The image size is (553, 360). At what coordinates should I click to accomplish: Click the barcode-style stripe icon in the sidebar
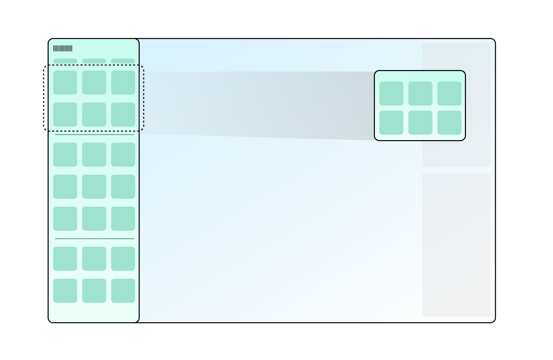click(x=63, y=49)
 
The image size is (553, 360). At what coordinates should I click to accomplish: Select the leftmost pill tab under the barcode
click(x=65, y=61)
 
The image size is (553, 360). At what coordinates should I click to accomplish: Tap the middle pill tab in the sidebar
click(x=94, y=61)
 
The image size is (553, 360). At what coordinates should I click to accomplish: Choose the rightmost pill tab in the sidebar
click(x=123, y=61)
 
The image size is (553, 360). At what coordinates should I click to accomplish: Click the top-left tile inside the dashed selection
click(x=65, y=82)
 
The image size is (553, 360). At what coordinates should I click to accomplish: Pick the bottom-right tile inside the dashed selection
click(x=123, y=115)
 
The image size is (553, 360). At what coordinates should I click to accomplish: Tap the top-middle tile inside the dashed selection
click(x=94, y=82)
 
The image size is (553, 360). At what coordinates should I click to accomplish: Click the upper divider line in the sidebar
click(x=95, y=135)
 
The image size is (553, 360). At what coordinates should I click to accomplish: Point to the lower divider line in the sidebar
click(x=95, y=239)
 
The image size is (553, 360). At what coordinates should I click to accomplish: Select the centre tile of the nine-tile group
click(x=94, y=187)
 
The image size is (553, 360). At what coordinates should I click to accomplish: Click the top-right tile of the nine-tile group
click(x=123, y=155)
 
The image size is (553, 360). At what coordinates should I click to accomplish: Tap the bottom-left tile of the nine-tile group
click(x=65, y=219)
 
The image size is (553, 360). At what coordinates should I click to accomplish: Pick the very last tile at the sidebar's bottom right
click(x=123, y=291)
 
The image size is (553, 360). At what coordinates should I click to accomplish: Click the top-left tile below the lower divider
click(x=65, y=259)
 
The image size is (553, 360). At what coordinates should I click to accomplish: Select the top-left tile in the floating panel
click(x=391, y=93)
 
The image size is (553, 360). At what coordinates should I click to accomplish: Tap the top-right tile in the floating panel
click(x=449, y=93)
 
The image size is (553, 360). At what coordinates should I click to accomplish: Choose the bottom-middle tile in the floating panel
click(x=420, y=123)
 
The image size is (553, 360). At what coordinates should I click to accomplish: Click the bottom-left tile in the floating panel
click(x=391, y=123)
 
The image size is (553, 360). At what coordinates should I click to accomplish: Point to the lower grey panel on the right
click(x=456, y=245)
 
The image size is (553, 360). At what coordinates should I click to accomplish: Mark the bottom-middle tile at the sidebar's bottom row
click(x=94, y=291)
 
